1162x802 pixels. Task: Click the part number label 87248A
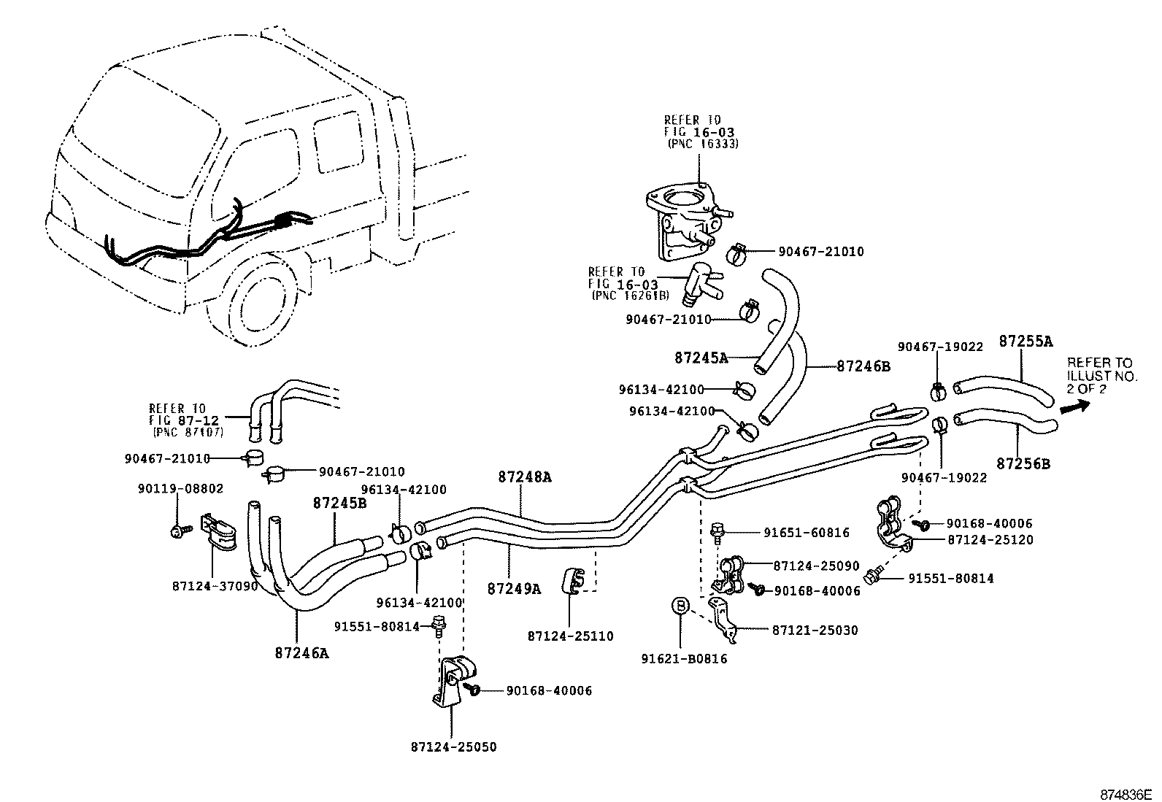[x=524, y=477]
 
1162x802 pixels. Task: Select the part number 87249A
[x=514, y=588]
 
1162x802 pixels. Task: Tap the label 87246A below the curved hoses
[x=301, y=653]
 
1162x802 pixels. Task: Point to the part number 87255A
[x=1026, y=341]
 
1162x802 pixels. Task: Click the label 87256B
[x=1023, y=463]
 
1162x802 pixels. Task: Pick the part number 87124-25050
[x=453, y=747]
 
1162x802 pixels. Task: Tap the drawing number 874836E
[x=1126, y=793]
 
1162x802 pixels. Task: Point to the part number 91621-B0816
[x=684, y=659]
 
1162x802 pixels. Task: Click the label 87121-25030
[x=815, y=630]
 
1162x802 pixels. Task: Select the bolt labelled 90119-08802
[x=177, y=531]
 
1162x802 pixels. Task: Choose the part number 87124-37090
[x=215, y=585]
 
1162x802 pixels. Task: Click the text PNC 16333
[x=703, y=144]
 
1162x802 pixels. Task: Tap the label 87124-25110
[x=570, y=636]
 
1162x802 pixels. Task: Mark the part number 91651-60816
[x=807, y=533]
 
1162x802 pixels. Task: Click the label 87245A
[x=701, y=358]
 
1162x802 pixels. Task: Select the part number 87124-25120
[x=990, y=540]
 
